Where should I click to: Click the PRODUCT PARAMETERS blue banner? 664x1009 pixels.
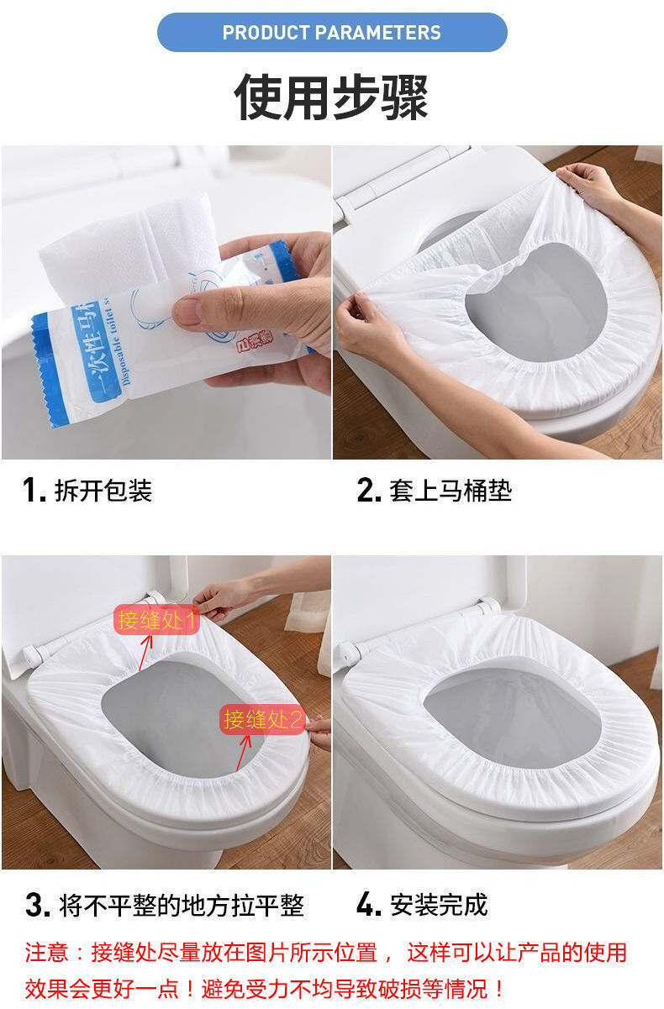click(332, 33)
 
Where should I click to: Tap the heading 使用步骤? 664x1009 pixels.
click(331, 97)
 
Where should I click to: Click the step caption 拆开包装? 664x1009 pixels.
click(103, 491)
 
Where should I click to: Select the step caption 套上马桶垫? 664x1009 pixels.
click(450, 491)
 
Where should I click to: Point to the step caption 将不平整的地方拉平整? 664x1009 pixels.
click(181, 906)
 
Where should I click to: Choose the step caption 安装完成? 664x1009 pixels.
click(438, 905)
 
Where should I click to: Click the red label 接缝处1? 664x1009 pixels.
click(156, 621)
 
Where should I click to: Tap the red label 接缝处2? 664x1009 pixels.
click(262, 720)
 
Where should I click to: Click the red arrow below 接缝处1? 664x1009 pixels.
click(145, 652)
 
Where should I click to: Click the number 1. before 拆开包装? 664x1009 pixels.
click(34, 491)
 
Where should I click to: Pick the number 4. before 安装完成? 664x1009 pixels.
click(368, 905)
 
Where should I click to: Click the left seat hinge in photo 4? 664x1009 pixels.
click(351, 649)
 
